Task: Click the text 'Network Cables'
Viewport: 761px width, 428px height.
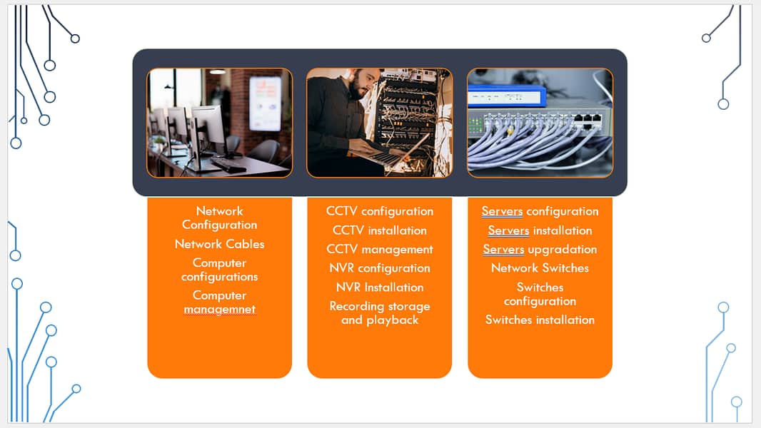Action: coord(219,244)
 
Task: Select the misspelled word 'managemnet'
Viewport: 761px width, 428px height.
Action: coord(219,309)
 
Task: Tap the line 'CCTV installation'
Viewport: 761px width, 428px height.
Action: coord(379,230)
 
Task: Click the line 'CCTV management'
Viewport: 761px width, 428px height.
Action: coord(379,250)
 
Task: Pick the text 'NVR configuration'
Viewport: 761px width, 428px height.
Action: coord(379,268)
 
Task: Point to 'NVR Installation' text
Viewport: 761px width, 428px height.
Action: coord(379,287)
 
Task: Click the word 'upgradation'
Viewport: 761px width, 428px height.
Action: coord(562,250)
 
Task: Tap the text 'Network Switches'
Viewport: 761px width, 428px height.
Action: coord(540,268)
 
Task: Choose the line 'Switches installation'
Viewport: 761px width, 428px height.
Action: coord(540,320)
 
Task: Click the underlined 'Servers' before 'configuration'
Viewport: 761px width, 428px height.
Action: coord(502,211)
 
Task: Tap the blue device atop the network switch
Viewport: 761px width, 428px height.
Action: coord(506,96)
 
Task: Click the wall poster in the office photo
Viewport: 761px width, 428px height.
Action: coord(264,97)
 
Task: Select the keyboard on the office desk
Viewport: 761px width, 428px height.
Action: coord(228,165)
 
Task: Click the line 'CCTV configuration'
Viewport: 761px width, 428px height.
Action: coord(379,211)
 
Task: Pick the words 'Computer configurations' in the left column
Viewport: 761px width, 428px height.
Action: coord(219,270)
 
